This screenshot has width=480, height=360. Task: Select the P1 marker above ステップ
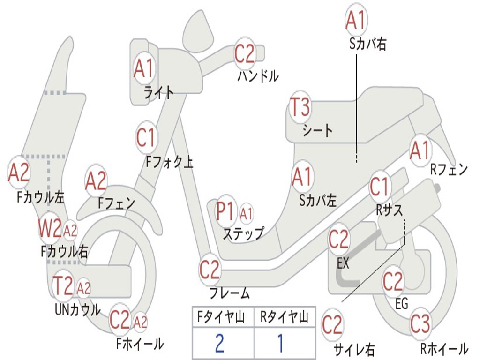click(225, 212)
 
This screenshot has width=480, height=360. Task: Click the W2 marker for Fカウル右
click(50, 229)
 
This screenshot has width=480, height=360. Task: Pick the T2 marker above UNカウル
click(63, 286)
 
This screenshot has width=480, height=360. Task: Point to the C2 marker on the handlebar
click(245, 53)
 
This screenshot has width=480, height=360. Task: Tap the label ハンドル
click(258, 75)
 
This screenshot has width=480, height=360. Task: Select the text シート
click(317, 130)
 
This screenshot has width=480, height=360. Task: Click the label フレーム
click(230, 294)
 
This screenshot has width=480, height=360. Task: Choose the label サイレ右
click(354, 349)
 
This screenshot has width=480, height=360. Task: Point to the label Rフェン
click(449, 170)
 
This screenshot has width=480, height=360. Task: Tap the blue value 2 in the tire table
click(219, 343)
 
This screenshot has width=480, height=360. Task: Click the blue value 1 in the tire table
click(281, 343)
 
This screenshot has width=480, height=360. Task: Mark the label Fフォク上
click(169, 162)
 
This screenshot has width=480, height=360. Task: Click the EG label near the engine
click(402, 304)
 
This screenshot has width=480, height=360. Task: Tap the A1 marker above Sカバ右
click(355, 20)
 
